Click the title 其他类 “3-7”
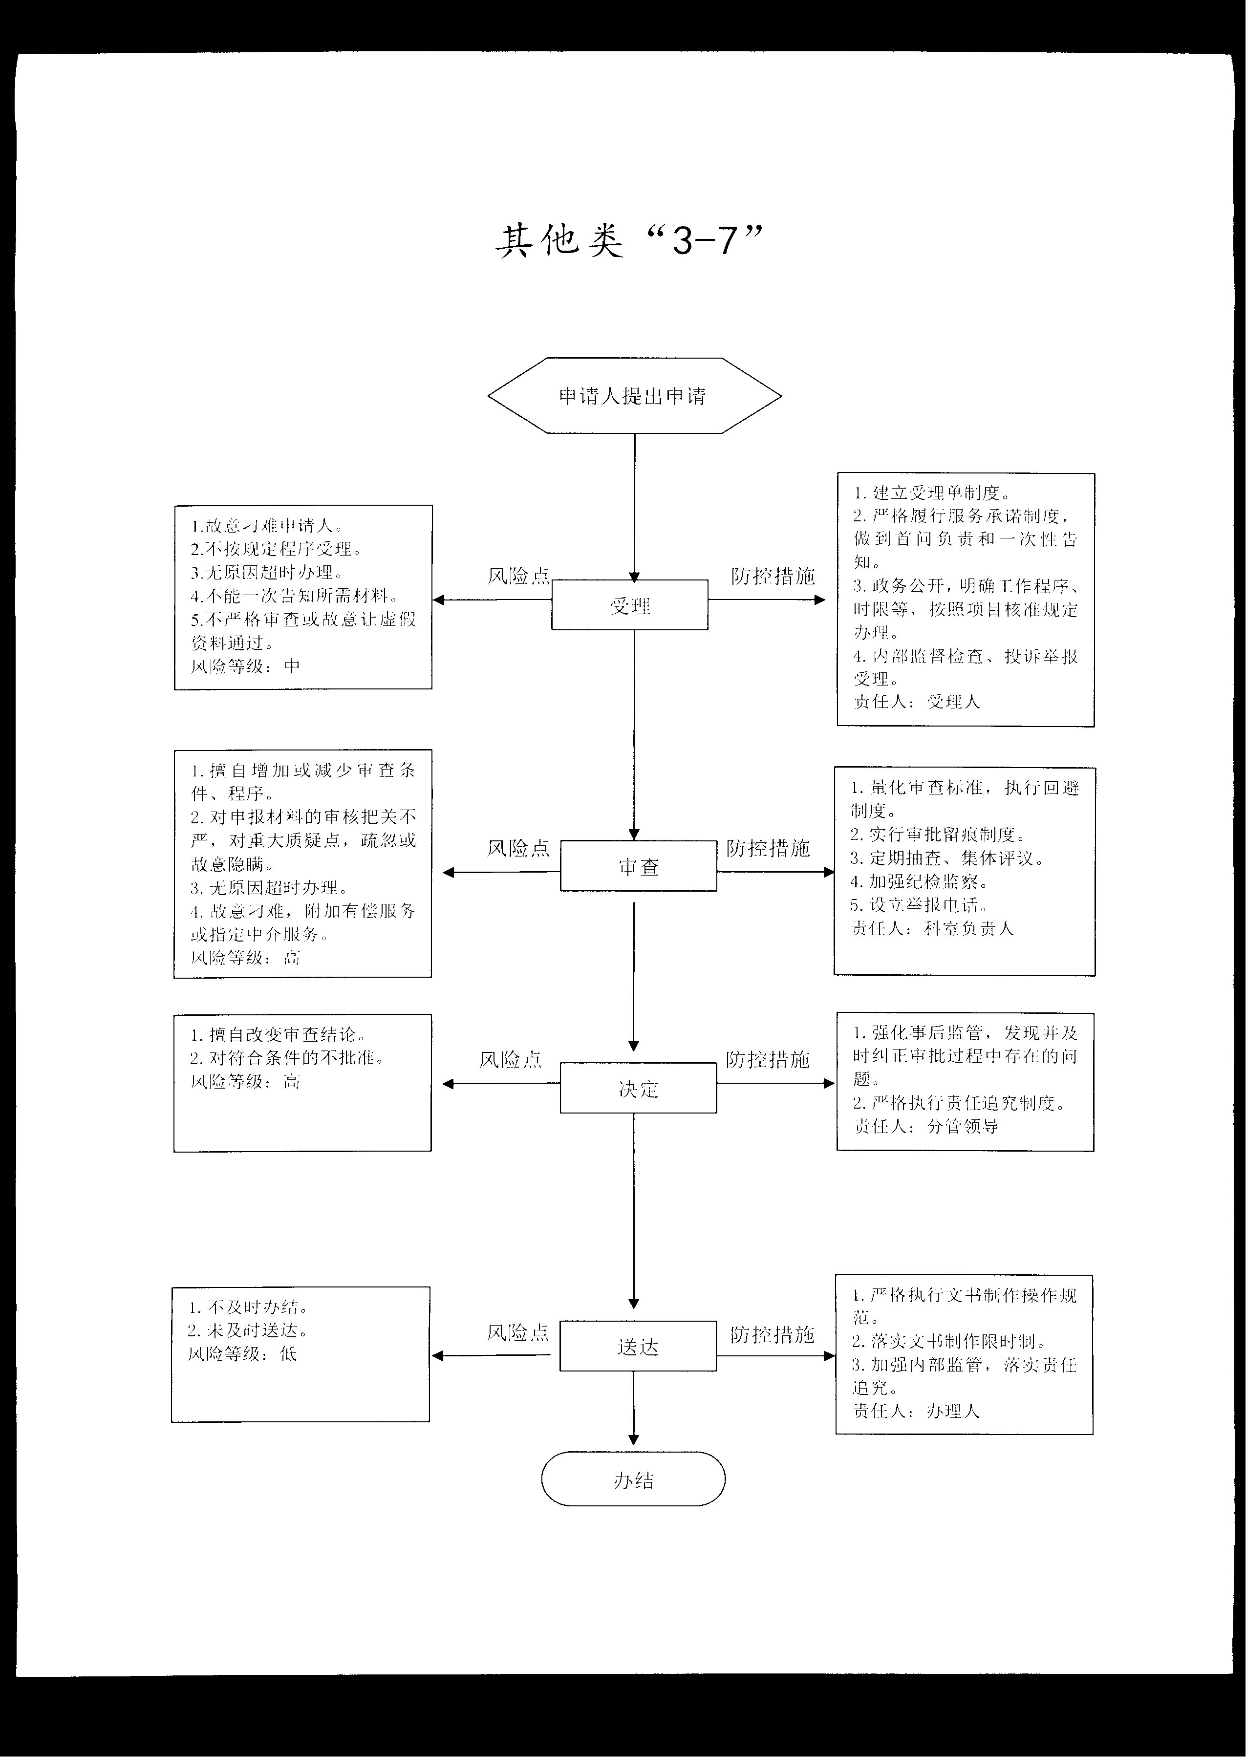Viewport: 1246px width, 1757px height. click(x=629, y=241)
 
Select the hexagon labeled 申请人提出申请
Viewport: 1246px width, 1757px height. click(x=635, y=395)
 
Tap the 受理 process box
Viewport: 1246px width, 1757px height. click(x=629, y=605)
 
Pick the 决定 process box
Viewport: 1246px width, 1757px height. click(x=638, y=1088)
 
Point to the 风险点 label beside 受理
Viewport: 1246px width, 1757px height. click(x=518, y=576)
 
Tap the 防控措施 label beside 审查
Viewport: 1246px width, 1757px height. click(x=768, y=848)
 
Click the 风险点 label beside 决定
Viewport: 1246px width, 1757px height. click(x=510, y=1060)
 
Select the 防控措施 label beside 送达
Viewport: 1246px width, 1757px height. click(x=772, y=1335)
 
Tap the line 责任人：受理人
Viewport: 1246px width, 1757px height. click(x=917, y=701)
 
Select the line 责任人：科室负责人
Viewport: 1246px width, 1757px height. click(x=932, y=928)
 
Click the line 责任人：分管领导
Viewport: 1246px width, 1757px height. click(x=926, y=1126)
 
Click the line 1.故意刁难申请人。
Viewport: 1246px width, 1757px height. click(x=267, y=526)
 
